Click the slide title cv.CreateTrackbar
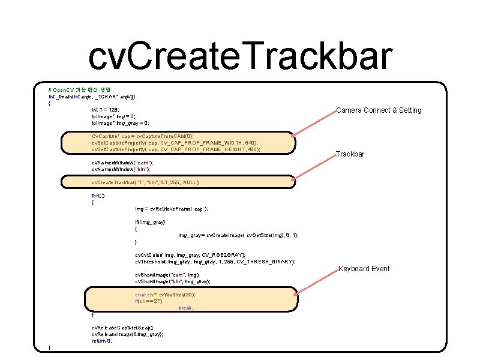(240, 57)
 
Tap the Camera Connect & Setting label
(379, 110)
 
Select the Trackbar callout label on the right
(350, 155)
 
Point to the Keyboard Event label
(364, 269)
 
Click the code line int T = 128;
(106, 110)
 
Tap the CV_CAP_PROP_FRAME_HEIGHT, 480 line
(176, 149)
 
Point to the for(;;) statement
(97, 196)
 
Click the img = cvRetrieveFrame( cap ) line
(172, 209)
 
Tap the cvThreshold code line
(215, 262)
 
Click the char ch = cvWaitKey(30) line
(165, 295)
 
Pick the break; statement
(186, 308)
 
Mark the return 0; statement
(101, 341)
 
